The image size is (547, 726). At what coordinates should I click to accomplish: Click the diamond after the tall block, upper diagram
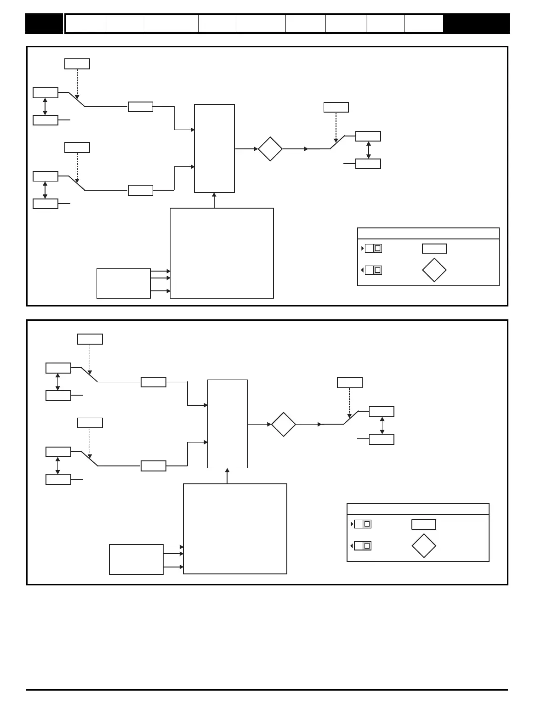point(270,149)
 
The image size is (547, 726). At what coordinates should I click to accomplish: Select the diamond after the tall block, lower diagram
point(284,425)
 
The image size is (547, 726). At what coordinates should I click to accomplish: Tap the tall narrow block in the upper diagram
point(214,148)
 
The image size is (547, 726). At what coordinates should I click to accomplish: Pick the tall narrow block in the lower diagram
point(228,424)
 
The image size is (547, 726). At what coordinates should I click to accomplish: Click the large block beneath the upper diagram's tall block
point(222,253)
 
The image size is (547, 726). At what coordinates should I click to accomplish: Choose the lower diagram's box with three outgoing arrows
point(136,559)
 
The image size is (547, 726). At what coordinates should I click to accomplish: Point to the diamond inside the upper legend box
point(434,270)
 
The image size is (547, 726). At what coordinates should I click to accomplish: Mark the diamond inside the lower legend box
point(423,546)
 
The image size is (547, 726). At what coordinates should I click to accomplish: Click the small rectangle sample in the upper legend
point(434,249)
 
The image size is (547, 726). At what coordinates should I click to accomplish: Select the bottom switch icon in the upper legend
point(373,270)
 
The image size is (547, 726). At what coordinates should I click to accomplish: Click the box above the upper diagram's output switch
point(336,108)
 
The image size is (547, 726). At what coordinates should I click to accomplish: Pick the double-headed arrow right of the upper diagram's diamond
point(369,150)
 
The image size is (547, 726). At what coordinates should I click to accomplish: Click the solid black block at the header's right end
point(476,23)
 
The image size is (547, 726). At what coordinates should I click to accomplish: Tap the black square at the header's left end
point(44,23)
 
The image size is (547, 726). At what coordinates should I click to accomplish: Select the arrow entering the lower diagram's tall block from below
point(227,476)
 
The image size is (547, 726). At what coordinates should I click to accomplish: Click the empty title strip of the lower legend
point(418,509)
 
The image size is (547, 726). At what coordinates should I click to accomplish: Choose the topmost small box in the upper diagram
point(77,64)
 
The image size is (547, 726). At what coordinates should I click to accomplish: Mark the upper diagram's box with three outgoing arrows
point(123,284)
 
